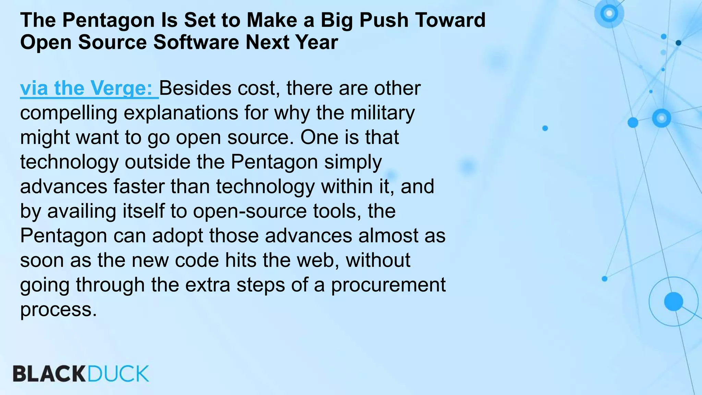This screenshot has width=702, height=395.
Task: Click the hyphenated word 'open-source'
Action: (250, 211)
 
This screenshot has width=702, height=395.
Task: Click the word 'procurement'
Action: (388, 285)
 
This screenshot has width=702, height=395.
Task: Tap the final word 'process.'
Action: (59, 310)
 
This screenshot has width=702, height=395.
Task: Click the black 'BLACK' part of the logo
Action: (49, 374)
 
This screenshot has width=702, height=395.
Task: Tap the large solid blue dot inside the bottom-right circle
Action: (673, 301)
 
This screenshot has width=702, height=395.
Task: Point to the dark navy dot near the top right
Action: (678, 43)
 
